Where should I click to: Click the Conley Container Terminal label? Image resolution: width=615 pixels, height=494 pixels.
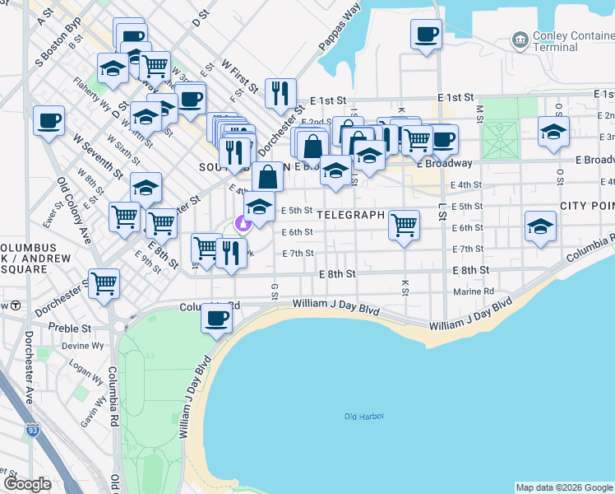[566, 40]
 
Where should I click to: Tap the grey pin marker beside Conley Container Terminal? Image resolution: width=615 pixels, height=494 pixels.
[519, 39]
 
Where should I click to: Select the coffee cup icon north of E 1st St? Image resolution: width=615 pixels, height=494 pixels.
[426, 35]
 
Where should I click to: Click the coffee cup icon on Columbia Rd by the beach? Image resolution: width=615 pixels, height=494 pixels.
[217, 317]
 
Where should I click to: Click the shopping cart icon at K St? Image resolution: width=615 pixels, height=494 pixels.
[404, 224]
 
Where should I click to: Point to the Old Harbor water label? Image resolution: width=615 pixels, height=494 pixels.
[364, 417]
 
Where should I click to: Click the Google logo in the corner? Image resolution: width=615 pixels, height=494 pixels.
[27, 484]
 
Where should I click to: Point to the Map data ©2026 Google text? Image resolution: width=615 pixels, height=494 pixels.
[564, 487]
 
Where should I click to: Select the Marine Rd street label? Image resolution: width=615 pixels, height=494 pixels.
[474, 291]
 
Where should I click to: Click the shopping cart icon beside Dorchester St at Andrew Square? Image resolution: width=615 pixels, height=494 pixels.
[104, 282]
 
